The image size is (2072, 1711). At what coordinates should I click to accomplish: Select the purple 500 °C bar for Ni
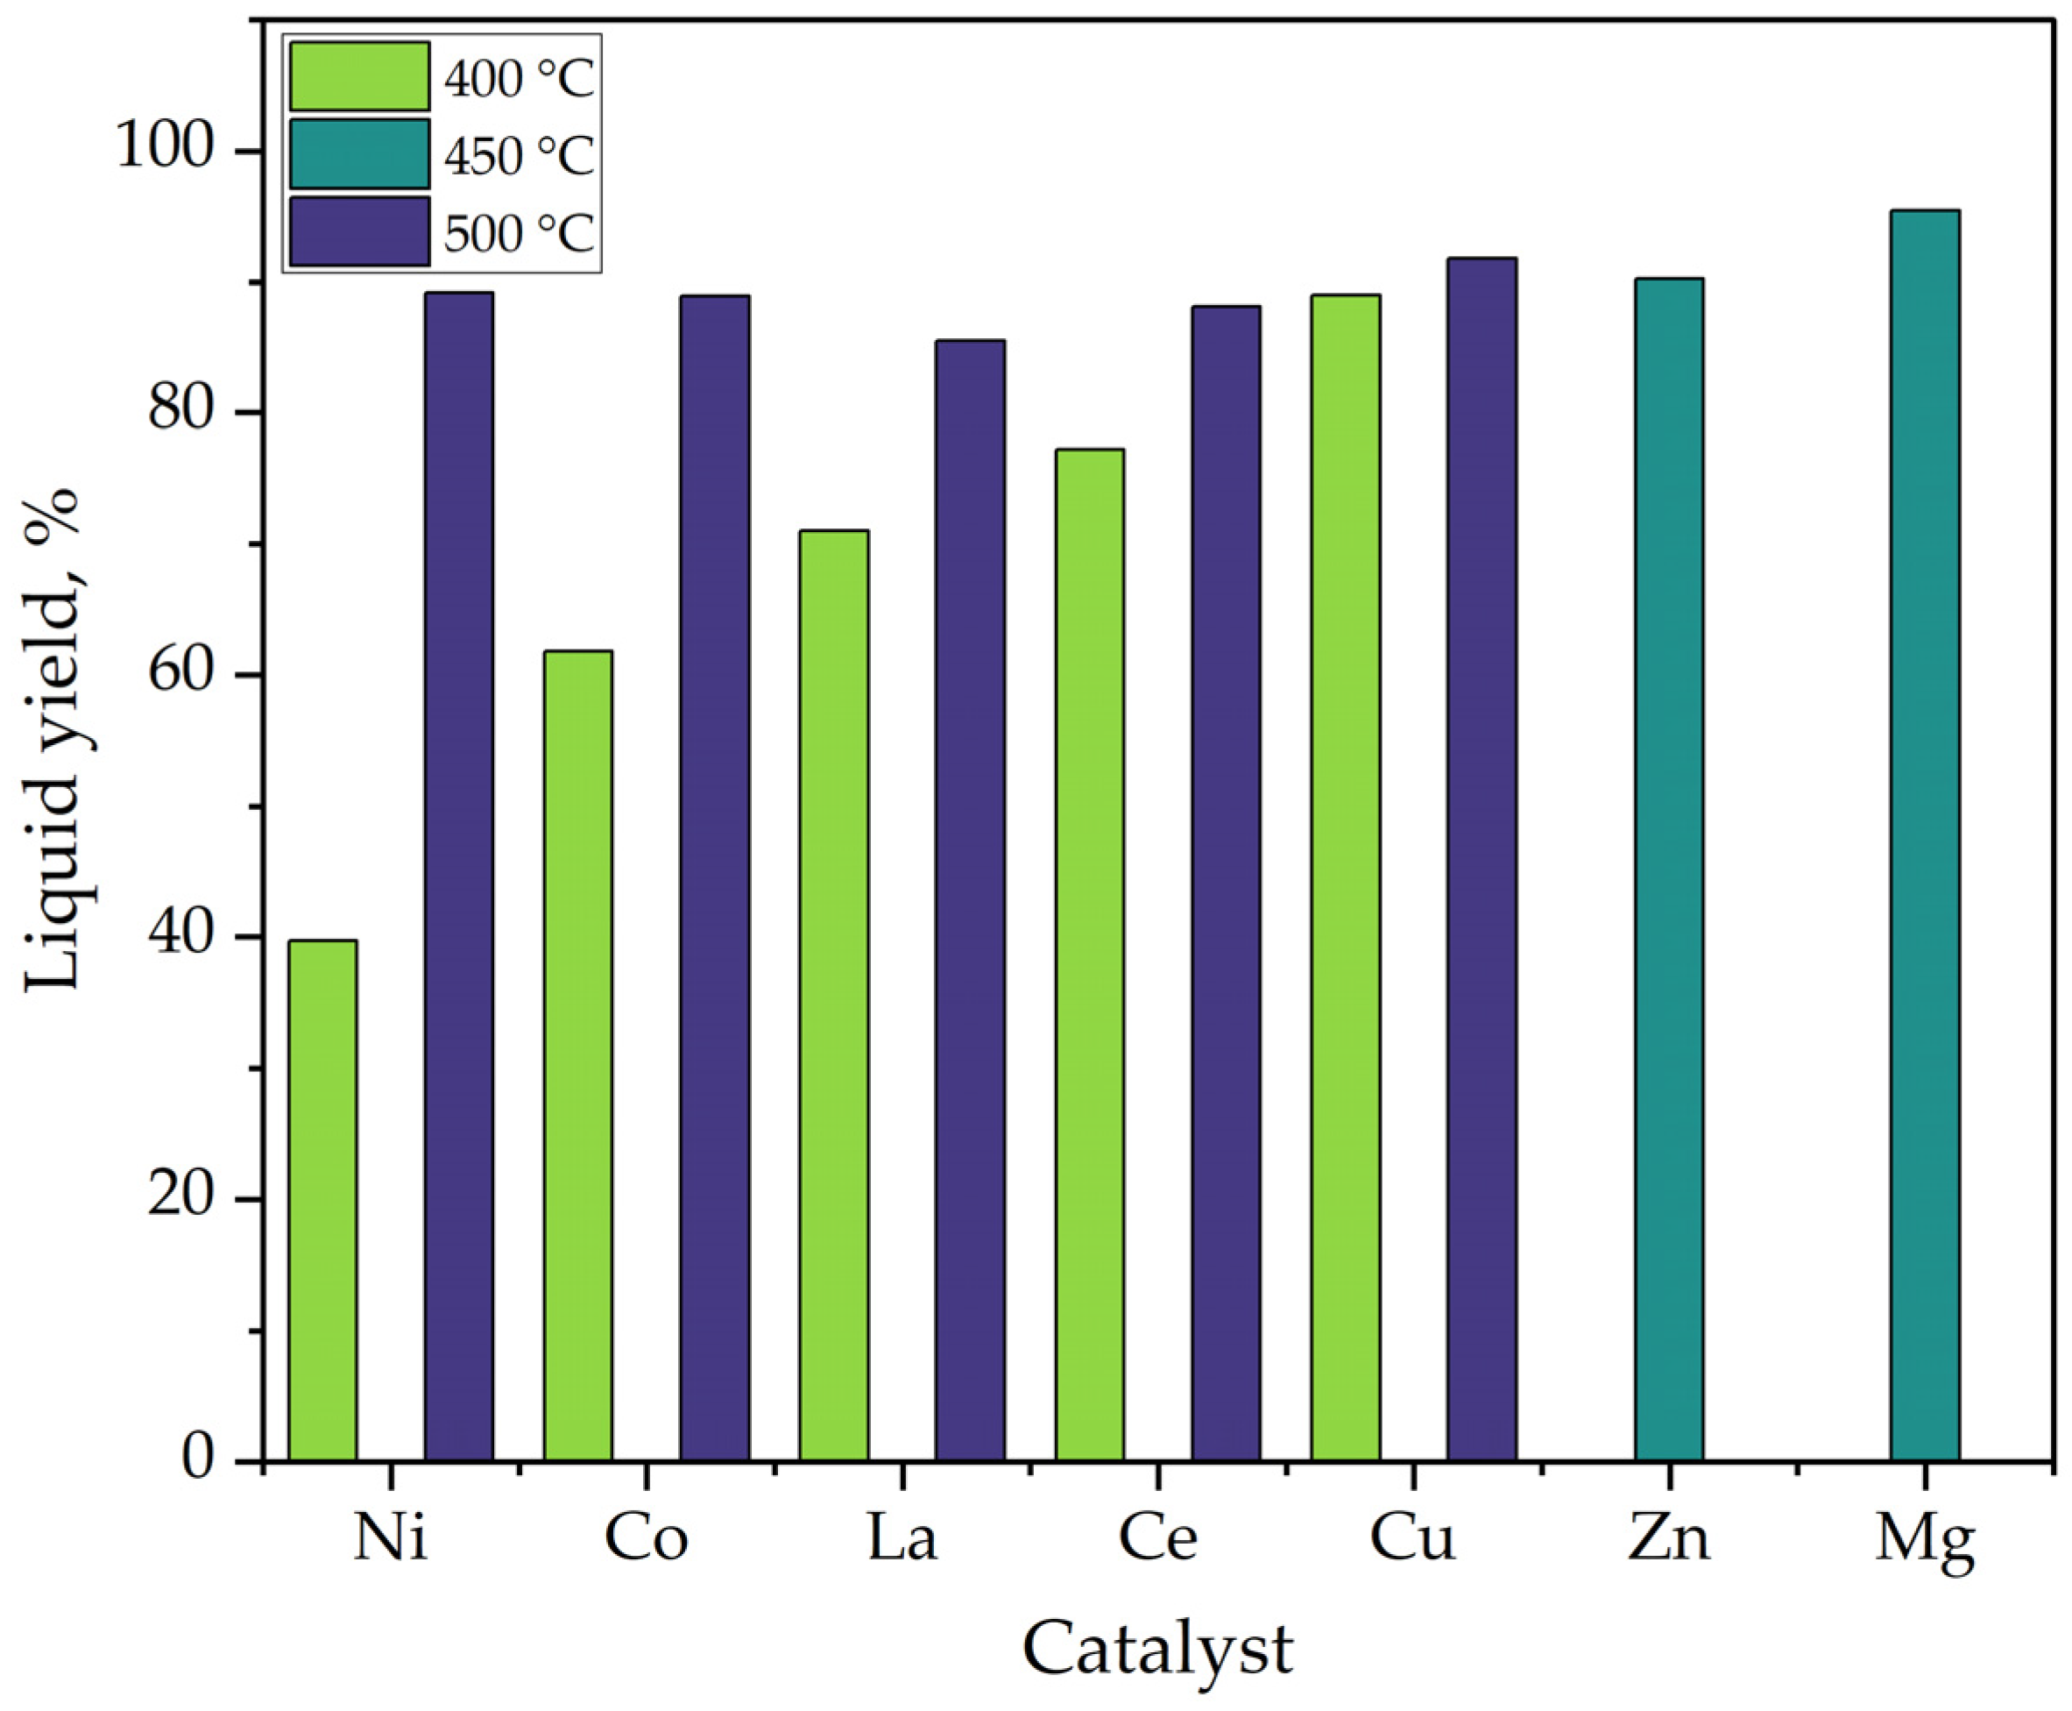[459, 877]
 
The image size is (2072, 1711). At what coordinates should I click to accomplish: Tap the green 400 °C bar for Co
[578, 1055]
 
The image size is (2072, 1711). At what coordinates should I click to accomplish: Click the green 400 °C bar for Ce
[1090, 955]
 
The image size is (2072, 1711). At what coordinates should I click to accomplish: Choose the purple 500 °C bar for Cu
[1482, 858]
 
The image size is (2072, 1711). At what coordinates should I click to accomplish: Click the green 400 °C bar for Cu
[1346, 877]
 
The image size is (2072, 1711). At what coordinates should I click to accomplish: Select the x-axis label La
[902, 1537]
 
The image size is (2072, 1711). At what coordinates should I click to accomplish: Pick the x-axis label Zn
[1669, 1537]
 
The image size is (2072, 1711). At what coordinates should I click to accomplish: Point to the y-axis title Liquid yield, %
[51, 739]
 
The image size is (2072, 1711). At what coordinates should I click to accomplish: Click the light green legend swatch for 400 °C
[359, 76]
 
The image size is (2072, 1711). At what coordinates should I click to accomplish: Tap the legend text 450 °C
[520, 156]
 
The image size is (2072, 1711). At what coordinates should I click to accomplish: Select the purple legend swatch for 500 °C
[359, 231]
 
